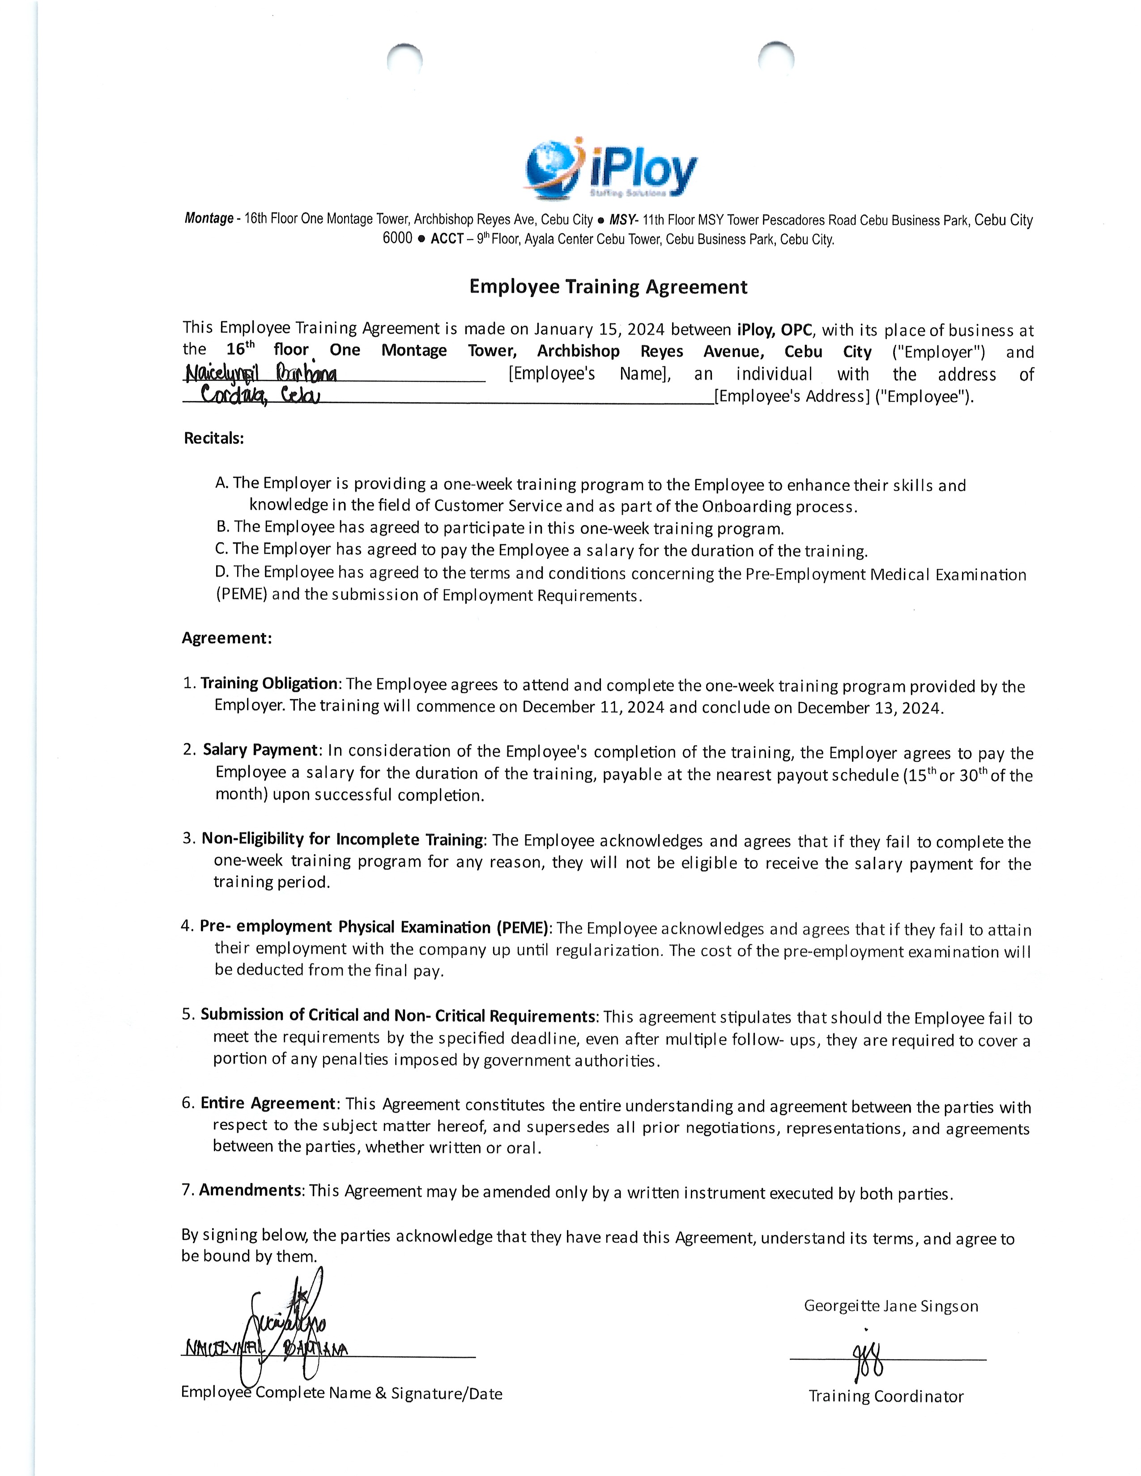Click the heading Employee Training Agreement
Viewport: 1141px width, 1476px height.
[609, 287]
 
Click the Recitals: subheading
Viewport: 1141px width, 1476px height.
[213, 438]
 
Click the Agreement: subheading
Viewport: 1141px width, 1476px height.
[226, 638]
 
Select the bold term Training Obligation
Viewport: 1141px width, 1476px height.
[269, 683]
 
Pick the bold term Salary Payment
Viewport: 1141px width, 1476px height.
[260, 750]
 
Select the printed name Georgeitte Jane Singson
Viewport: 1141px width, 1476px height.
[891, 1306]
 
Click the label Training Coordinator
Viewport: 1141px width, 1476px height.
[886, 1396]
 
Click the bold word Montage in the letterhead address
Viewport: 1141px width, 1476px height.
[209, 218]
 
